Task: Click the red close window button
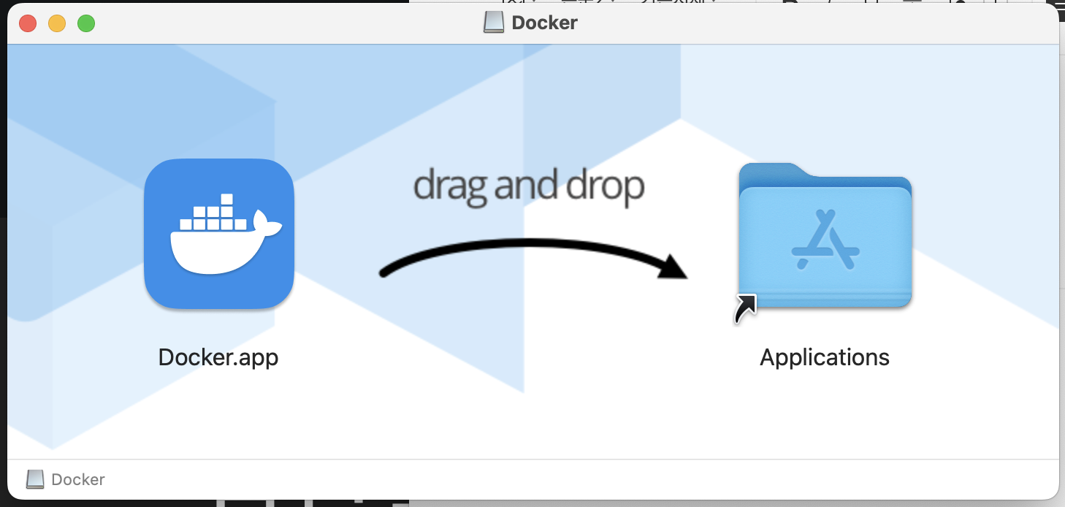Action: [x=28, y=23]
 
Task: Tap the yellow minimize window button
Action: [x=57, y=23]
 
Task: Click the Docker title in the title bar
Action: [x=544, y=23]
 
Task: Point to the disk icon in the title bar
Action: [x=494, y=23]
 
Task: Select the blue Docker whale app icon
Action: [x=219, y=234]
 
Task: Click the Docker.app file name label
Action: [x=218, y=357]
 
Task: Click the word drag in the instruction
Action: [x=451, y=186]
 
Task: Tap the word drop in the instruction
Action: [x=608, y=187]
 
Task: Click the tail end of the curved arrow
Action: [x=385, y=273]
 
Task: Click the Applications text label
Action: [x=825, y=357]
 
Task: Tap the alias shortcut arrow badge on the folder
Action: [x=745, y=308]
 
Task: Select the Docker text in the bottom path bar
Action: [x=78, y=480]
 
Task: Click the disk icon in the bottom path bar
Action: [x=35, y=480]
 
